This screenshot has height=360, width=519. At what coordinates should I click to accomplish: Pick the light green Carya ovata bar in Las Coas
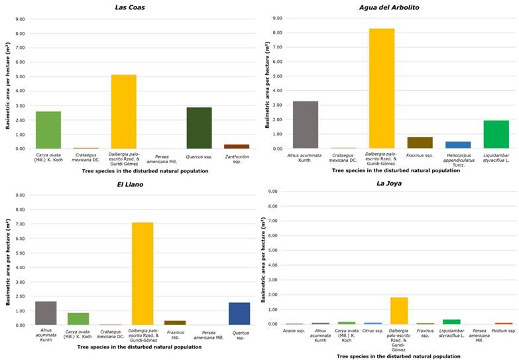click(48, 130)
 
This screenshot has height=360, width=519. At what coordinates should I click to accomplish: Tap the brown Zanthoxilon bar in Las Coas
click(237, 146)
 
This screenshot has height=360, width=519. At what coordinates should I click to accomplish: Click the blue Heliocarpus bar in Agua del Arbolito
click(458, 145)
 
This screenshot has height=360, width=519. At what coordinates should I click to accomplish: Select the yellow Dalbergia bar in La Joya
click(399, 310)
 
